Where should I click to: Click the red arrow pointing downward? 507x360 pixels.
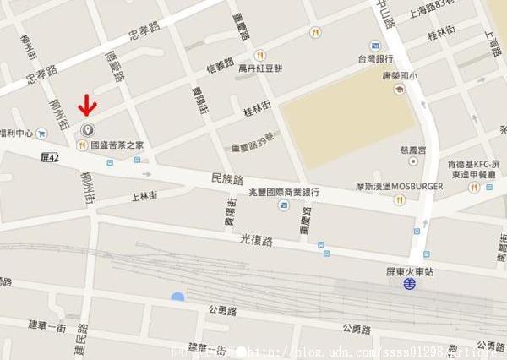click(87, 106)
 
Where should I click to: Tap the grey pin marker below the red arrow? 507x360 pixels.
click(87, 129)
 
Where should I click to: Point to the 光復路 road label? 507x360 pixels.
click(257, 240)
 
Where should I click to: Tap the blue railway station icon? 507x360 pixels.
click(409, 285)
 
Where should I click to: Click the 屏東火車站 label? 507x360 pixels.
click(398, 270)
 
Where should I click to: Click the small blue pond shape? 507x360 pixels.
click(177, 297)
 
